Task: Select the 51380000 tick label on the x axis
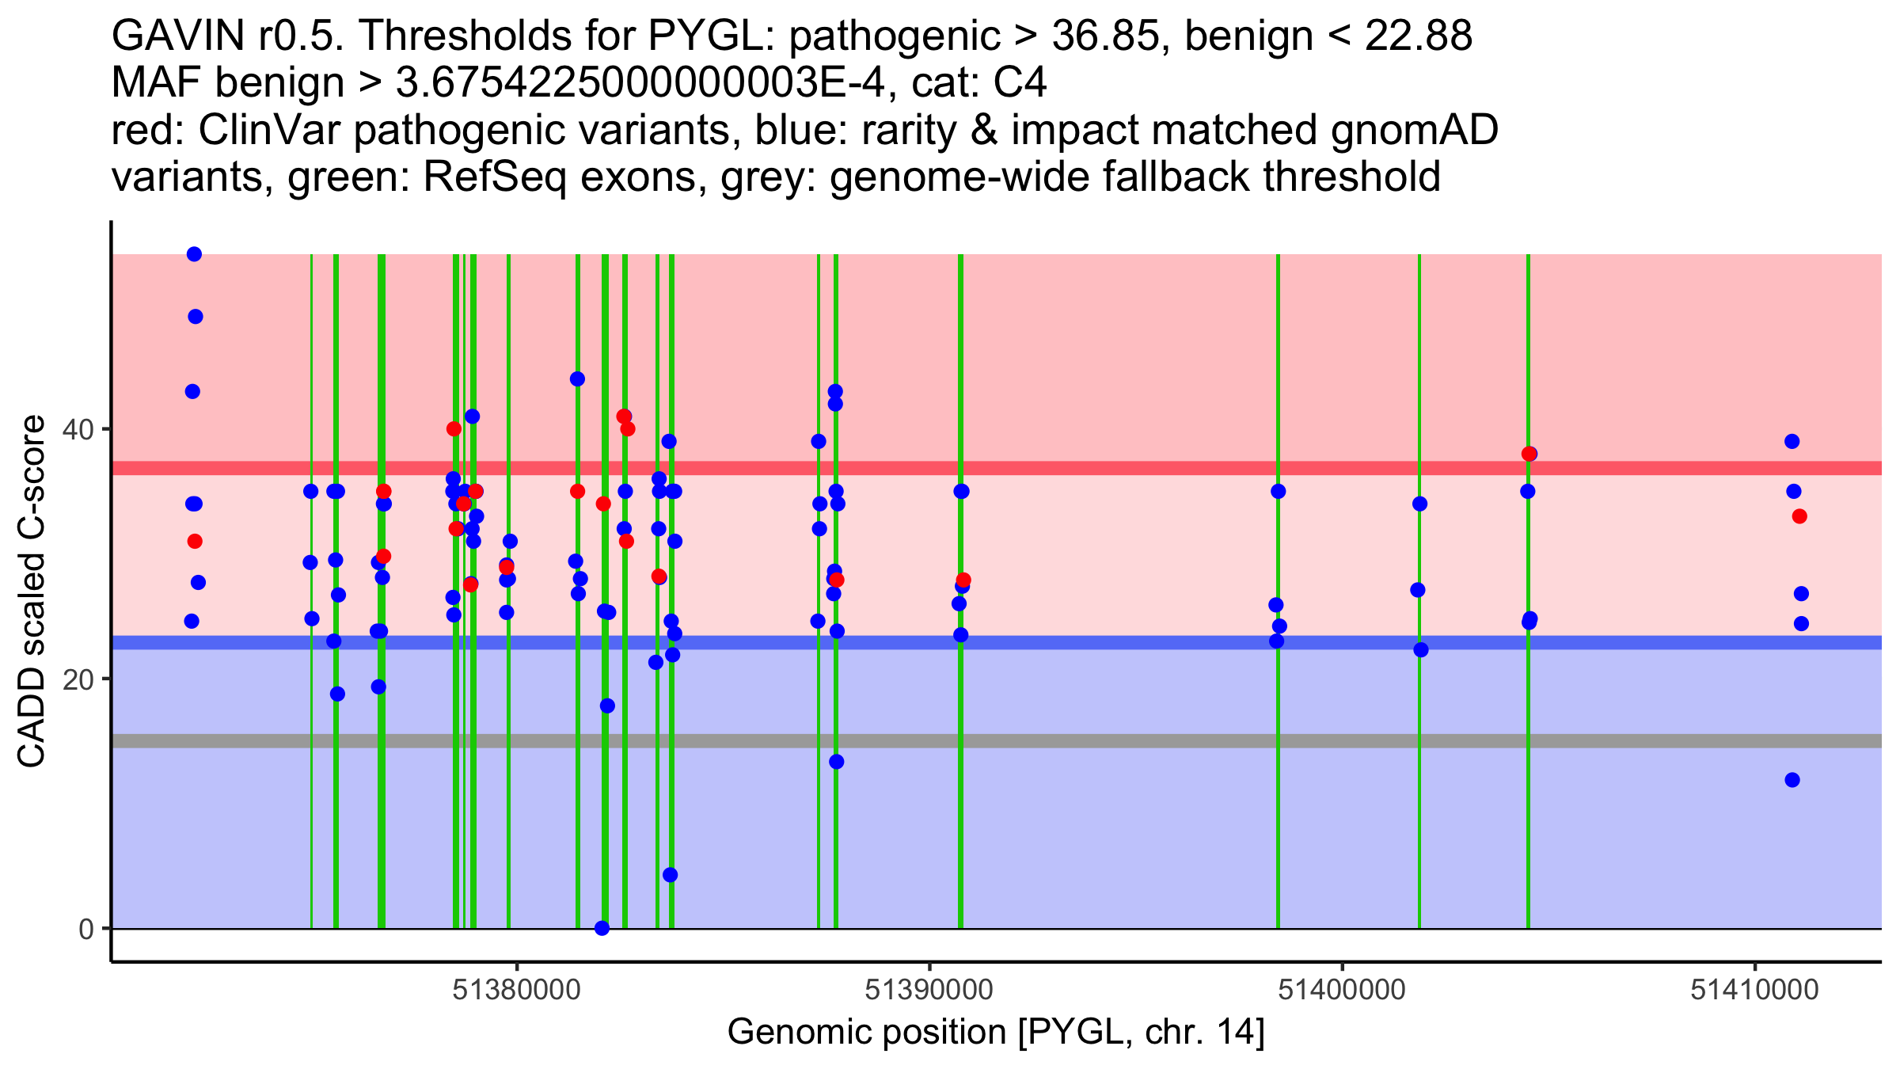517,990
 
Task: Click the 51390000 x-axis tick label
929,990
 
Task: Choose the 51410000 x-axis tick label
1755,990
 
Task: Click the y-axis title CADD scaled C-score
32,592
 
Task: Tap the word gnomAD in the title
1414,131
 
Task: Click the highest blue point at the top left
194,254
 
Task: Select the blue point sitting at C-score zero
602,928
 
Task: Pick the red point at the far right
1799,516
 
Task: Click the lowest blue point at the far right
1792,780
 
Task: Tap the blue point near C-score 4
670,875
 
